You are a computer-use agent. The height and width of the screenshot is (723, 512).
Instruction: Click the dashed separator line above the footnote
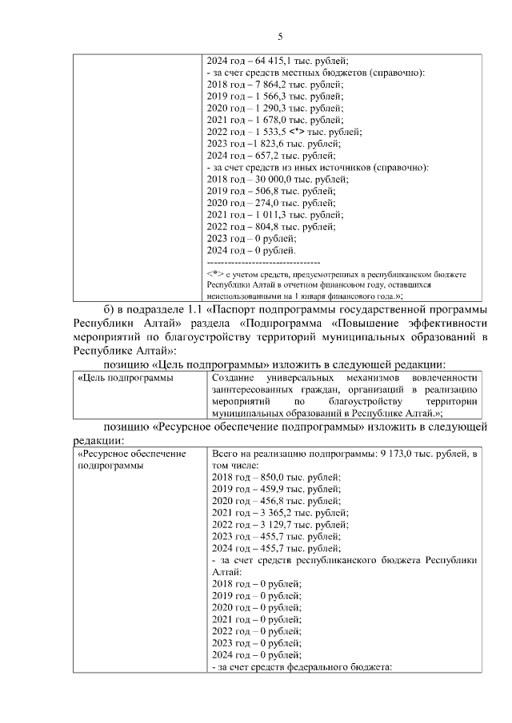pos(263,262)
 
